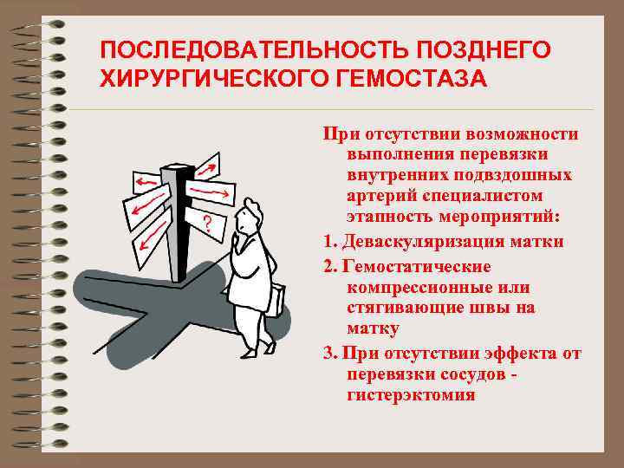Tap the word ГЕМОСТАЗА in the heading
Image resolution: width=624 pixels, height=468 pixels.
pos(412,78)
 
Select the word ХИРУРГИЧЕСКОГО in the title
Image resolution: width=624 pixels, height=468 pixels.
pos(215,78)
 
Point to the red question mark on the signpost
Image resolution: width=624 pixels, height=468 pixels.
pos(207,224)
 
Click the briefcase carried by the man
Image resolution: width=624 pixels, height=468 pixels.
pos(277,301)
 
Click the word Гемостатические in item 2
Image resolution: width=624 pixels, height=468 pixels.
pos(417,266)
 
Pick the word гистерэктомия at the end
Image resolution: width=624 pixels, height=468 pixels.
pos(412,395)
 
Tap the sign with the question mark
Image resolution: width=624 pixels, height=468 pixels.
pos(205,224)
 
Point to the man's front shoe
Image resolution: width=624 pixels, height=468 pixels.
pos(249,352)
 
